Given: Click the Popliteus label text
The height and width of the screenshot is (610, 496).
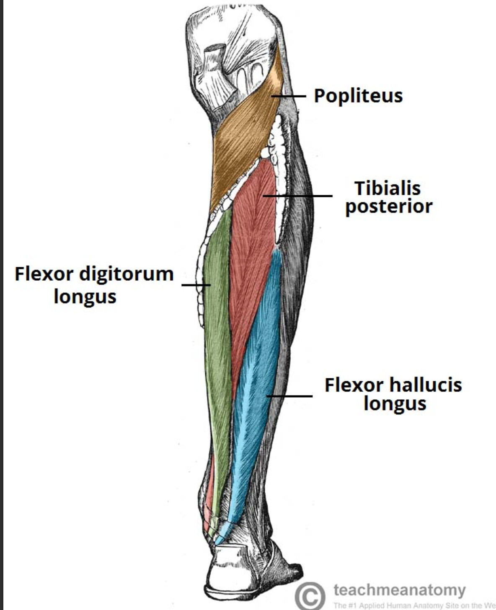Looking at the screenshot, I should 358,96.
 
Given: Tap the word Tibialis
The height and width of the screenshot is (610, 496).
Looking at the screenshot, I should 387,188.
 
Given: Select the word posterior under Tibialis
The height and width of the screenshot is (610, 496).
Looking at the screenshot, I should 388,207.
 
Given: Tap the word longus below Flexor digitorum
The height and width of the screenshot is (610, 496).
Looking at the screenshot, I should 85,297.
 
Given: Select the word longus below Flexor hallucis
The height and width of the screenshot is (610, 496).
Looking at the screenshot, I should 395,404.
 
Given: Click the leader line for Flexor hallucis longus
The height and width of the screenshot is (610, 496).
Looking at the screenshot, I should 291,396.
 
